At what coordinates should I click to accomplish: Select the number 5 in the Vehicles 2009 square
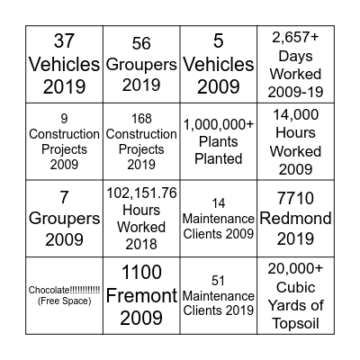click(219, 40)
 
